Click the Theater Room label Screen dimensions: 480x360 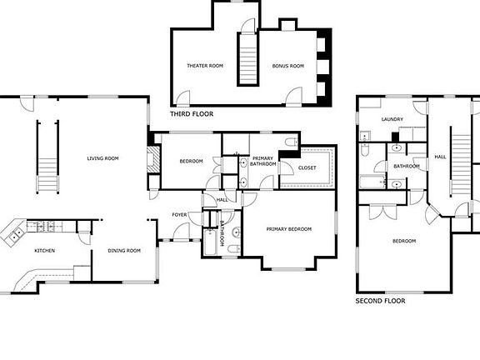[205, 66]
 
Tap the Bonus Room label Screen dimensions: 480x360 [288, 66]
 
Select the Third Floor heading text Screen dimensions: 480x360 [192, 114]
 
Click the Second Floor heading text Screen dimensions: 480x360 [380, 301]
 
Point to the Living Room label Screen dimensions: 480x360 [102, 158]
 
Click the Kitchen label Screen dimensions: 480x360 [45, 251]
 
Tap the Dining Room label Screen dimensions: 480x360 [124, 251]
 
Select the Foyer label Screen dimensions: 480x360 [179, 215]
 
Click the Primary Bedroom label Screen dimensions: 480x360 [289, 229]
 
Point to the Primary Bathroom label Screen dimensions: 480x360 [263, 161]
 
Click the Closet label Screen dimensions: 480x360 [307, 167]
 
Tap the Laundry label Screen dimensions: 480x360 [392, 119]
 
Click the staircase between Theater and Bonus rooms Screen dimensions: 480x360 [247, 59]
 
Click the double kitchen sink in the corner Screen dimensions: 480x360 [15, 235]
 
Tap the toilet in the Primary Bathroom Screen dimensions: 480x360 [292, 142]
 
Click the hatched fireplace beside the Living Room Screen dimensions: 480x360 [153, 159]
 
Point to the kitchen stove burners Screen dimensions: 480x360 [46, 227]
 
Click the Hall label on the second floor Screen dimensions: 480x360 [440, 157]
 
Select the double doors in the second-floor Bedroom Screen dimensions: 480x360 [382, 212]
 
